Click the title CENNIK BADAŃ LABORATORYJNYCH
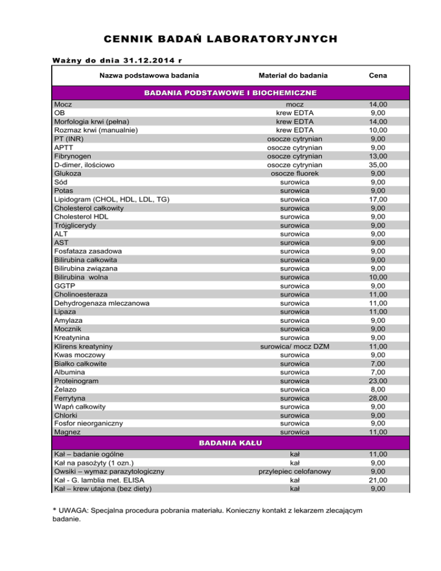click(220, 39)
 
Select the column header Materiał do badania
click(293, 75)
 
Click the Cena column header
click(378, 75)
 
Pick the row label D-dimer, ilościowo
click(84, 165)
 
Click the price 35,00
click(378, 165)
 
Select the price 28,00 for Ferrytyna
click(378, 398)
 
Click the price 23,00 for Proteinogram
click(378, 380)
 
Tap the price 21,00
click(378, 480)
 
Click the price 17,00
click(378, 199)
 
